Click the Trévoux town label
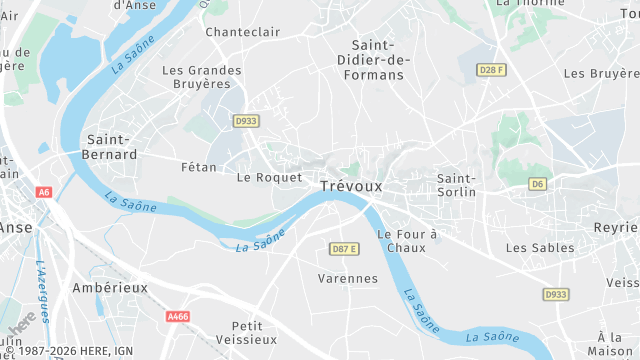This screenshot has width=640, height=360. tap(351, 186)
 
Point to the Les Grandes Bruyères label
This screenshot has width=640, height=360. tap(202, 77)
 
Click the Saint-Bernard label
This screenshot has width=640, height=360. tap(112, 147)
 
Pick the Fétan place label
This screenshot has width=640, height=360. tap(200, 167)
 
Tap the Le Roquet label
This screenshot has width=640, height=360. tap(269, 177)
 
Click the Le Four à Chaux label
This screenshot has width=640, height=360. tap(407, 240)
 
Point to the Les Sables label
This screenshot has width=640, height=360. tap(540, 247)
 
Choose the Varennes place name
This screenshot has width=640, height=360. tap(347, 278)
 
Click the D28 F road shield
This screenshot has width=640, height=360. tap(489, 70)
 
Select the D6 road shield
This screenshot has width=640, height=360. tap(538, 184)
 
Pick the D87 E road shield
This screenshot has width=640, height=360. tap(343, 249)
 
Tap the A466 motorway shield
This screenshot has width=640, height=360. tap(178, 317)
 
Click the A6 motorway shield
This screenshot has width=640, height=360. tap(43, 192)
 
